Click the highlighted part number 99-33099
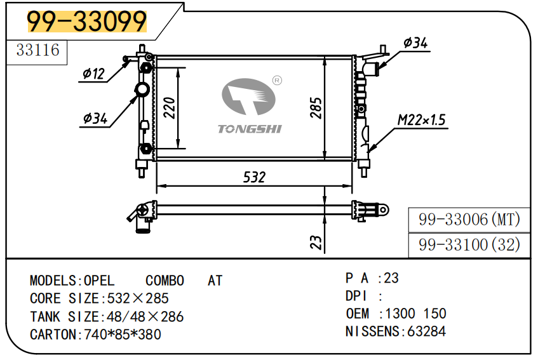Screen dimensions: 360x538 (x=86, y=22)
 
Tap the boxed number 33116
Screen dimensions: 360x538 (x=37, y=50)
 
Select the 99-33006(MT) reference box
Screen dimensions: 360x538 (x=469, y=220)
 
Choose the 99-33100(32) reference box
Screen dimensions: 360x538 (x=469, y=244)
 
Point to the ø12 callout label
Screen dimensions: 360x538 (x=93, y=74)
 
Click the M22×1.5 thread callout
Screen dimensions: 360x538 (x=422, y=120)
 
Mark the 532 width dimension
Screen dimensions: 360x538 (x=254, y=177)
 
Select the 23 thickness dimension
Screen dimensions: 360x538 (x=316, y=242)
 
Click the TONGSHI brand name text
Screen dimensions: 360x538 (x=250, y=129)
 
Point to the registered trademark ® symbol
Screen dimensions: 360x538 (x=277, y=81)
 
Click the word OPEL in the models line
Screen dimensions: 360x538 (x=99, y=281)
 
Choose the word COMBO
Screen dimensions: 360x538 (x=165, y=281)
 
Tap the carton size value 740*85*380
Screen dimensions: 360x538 (x=123, y=334)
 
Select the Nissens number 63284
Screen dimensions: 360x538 (x=426, y=331)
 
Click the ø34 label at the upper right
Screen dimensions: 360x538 (x=415, y=43)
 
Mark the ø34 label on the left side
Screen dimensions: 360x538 (x=95, y=118)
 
